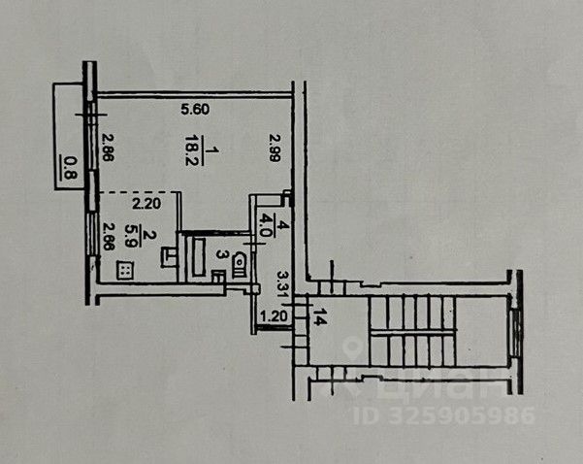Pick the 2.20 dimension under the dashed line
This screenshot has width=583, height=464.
tap(145, 204)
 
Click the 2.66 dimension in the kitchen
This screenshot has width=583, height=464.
tap(108, 239)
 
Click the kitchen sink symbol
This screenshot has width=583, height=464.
tap(169, 256)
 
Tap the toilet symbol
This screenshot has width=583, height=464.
tap(239, 263)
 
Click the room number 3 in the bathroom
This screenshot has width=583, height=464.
tap(221, 256)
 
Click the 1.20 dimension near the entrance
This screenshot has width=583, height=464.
tap(277, 315)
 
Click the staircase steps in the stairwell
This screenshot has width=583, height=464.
tap(408, 330)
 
